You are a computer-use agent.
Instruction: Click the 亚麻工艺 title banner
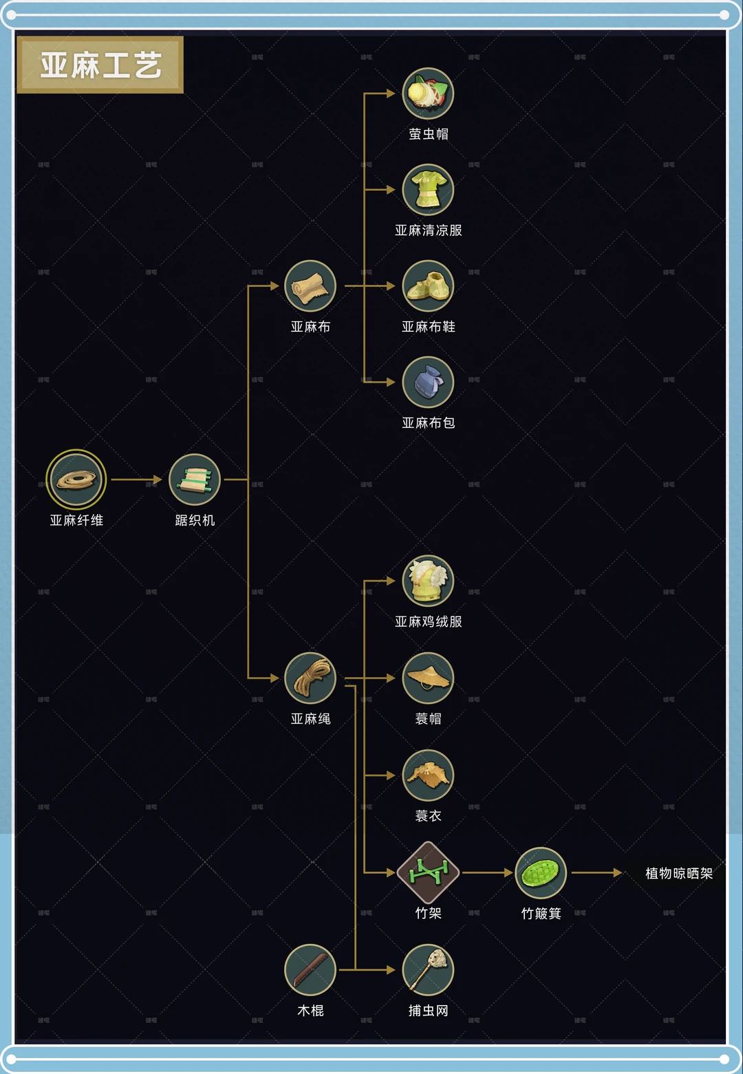coord(100,65)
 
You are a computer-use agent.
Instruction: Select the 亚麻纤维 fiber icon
coord(76,480)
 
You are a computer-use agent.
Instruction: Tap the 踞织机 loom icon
coord(195,480)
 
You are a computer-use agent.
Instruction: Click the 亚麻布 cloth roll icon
coord(310,286)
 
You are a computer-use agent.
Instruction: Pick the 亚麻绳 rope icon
coord(310,678)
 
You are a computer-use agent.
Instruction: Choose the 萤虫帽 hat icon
coord(428,94)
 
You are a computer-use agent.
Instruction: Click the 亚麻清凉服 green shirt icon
coord(428,190)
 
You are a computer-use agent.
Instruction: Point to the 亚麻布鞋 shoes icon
coord(428,286)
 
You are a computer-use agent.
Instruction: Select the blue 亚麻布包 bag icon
coord(428,382)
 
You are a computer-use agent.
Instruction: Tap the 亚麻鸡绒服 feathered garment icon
coord(428,581)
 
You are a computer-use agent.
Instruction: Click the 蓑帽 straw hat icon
coord(428,678)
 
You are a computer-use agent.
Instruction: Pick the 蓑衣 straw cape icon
coord(428,775)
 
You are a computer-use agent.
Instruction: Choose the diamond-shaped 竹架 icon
coord(428,872)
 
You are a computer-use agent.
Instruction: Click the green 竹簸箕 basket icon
coord(541,872)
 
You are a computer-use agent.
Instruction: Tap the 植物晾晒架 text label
coord(678,873)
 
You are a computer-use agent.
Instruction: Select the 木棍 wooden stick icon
coord(310,970)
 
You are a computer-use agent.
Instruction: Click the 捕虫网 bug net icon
coord(428,970)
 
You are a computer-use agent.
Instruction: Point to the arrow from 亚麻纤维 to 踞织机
coord(136,480)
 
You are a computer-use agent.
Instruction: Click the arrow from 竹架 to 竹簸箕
coord(487,872)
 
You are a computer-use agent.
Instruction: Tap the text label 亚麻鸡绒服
coord(428,622)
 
